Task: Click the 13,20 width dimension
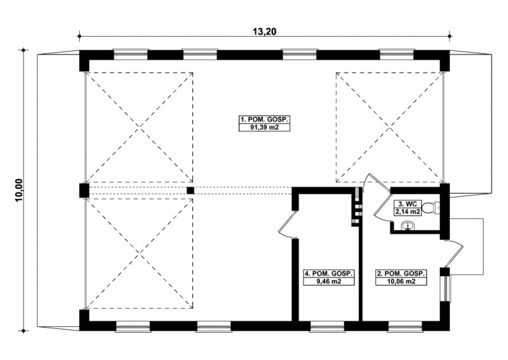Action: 264,32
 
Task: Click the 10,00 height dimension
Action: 19,190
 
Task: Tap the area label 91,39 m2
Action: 264,128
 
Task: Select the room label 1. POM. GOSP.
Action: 264,119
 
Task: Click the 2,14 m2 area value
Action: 408,212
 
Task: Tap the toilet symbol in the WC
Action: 431,208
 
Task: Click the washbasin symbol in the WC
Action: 407,226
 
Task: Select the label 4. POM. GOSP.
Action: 328,274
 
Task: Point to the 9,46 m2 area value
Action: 328,281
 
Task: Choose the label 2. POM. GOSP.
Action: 401,274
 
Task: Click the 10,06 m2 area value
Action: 401,281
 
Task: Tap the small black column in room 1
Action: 190,190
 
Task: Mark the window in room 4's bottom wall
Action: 327,326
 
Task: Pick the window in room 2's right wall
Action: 445,289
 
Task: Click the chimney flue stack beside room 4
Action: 356,207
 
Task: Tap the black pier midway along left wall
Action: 84,190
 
